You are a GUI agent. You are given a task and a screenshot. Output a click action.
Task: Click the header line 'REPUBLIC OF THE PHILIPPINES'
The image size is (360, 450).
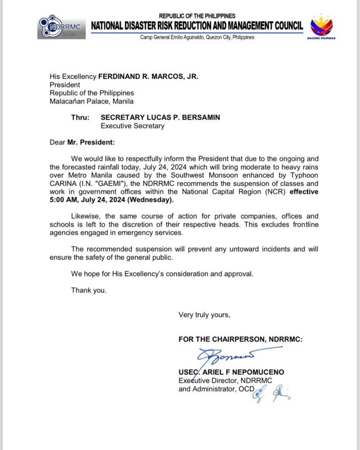[x=197, y=16]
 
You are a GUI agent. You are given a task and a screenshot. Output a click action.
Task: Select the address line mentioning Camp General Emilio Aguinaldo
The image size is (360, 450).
[x=197, y=37]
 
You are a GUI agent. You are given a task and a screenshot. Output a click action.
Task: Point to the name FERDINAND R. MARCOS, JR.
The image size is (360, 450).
[x=148, y=76]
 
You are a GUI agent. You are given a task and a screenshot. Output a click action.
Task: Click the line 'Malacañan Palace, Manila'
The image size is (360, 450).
[x=91, y=102]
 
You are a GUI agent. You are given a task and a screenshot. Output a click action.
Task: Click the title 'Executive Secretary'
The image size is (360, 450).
[x=133, y=126]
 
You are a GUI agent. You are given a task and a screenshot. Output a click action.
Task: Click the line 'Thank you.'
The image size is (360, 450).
[x=88, y=290]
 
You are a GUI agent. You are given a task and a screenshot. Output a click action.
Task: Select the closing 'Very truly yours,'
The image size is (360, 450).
[x=204, y=315]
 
